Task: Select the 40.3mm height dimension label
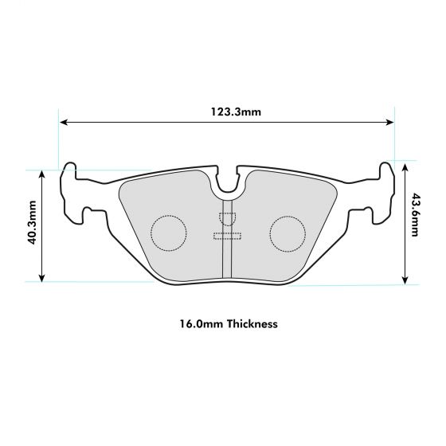point(32,225)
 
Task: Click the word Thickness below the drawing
point(252,324)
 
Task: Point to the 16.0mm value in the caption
point(200,324)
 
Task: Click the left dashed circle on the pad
point(168,233)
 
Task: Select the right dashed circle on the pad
point(287,233)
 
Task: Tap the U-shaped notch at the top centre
point(229,185)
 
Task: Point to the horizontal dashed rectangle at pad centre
point(229,234)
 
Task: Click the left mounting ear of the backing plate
point(76,191)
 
